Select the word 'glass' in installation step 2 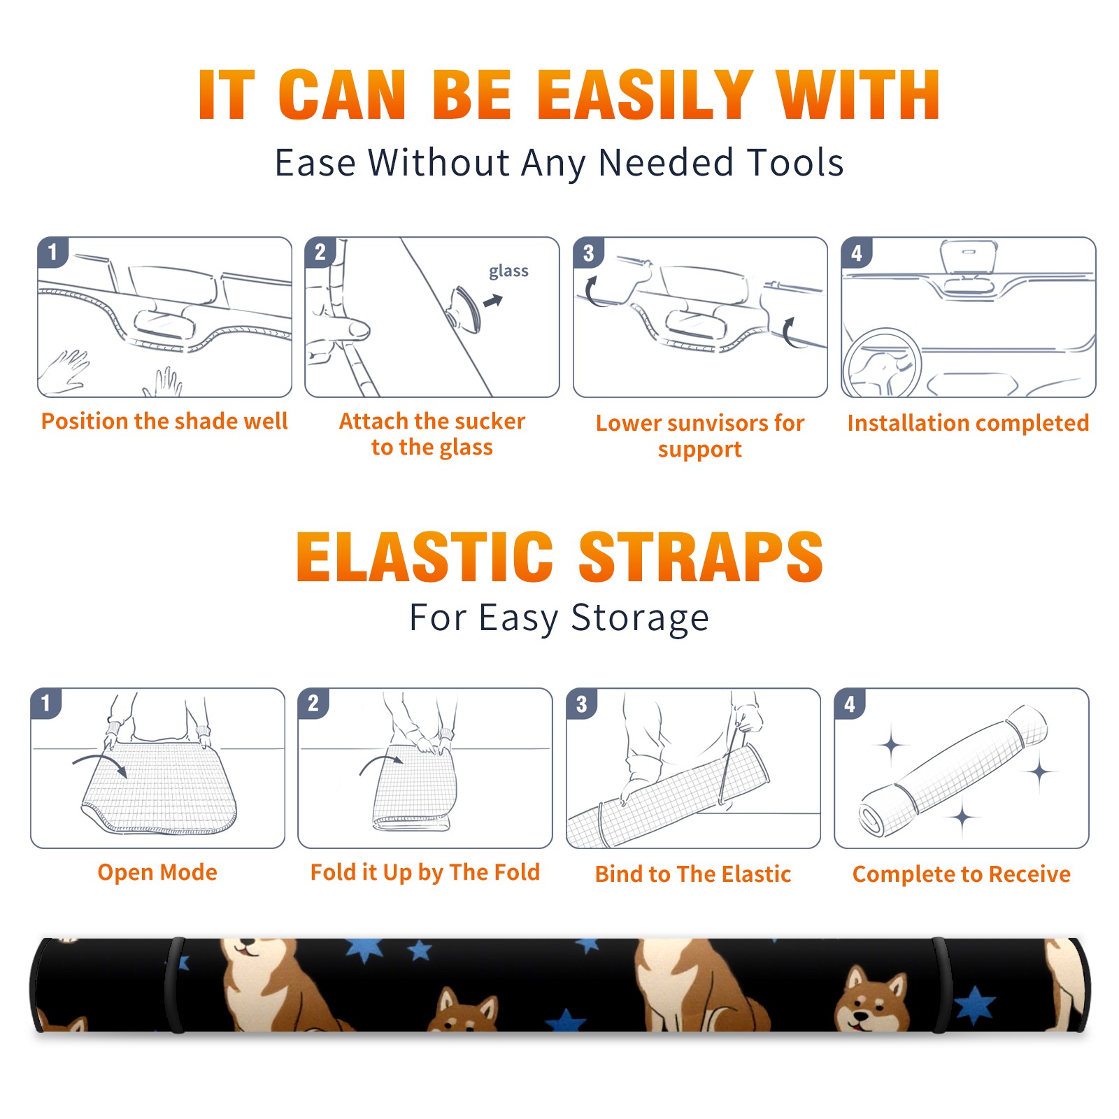pyautogui.click(x=508, y=271)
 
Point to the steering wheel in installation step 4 pyautogui.click(x=882, y=363)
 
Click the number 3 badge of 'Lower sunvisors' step pyautogui.click(x=588, y=253)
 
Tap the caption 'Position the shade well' pyautogui.click(x=164, y=421)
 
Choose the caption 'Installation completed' pyautogui.click(x=968, y=422)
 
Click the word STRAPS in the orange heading pyautogui.click(x=701, y=557)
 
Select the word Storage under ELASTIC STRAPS pyautogui.click(x=640, y=618)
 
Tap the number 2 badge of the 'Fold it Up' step pyautogui.click(x=313, y=704)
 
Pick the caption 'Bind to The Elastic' pyautogui.click(x=692, y=874)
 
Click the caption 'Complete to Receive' pyautogui.click(x=962, y=874)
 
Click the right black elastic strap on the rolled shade pyautogui.click(x=941, y=985)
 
